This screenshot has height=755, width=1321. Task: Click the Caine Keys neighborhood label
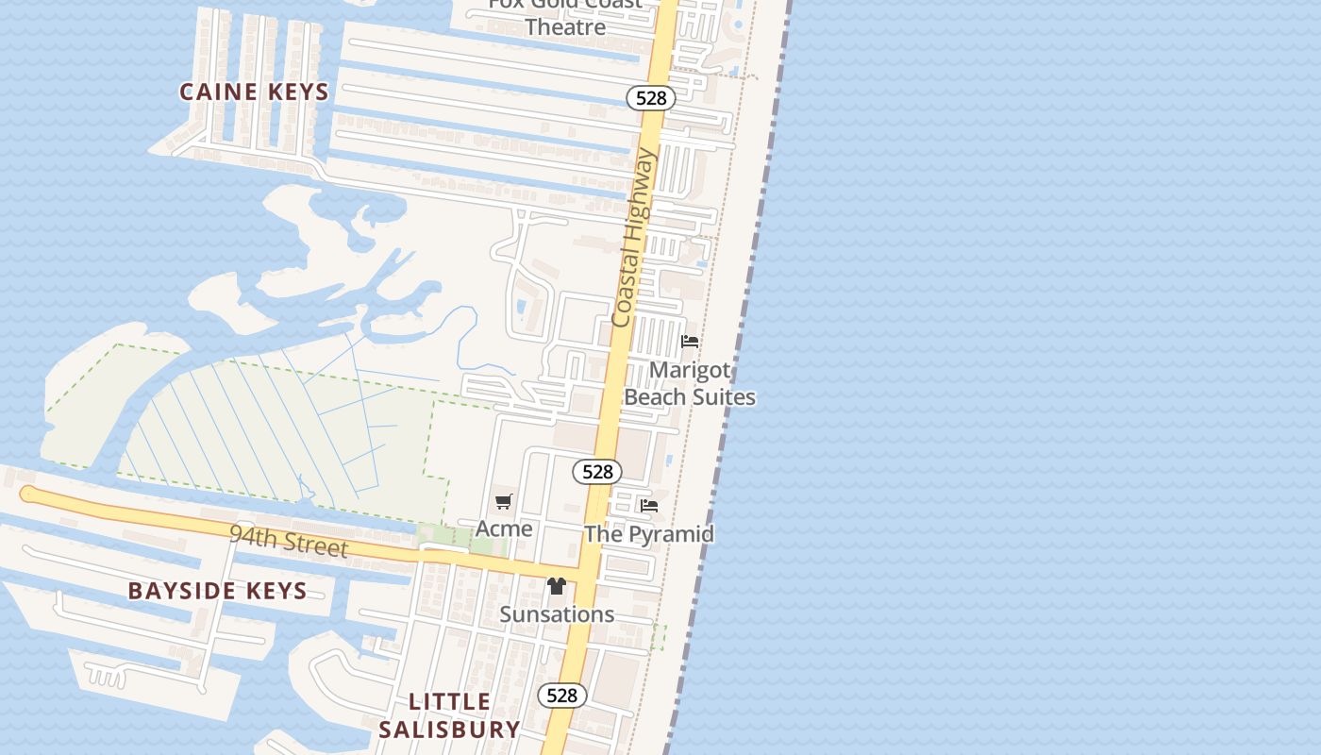(254, 92)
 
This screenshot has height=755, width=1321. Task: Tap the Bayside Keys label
(217, 591)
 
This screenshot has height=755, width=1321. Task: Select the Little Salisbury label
(449, 715)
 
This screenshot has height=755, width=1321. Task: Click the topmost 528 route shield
(651, 97)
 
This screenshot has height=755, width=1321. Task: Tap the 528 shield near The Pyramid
(597, 471)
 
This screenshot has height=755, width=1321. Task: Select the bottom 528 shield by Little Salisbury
(562, 696)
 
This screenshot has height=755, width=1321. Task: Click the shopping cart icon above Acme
(504, 502)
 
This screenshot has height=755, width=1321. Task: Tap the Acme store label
(504, 528)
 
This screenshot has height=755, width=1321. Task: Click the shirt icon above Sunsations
(556, 586)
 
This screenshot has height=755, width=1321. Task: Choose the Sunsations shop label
(557, 614)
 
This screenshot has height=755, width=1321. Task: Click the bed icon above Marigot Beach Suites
(690, 342)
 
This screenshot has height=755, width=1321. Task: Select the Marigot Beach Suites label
(690, 383)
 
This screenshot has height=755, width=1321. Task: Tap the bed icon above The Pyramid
(649, 506)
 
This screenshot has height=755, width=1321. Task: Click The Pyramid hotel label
(649, 534)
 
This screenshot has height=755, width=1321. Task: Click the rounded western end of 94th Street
(26, 494)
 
